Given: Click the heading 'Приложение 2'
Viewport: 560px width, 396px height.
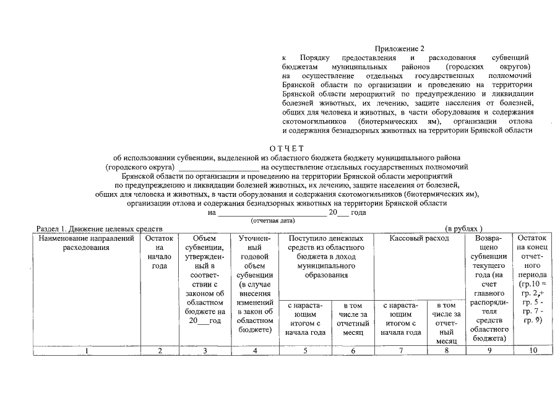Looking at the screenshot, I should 400,48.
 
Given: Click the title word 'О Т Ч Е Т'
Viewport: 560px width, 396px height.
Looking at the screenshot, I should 287,148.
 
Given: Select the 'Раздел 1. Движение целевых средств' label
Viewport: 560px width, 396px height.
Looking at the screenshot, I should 99,229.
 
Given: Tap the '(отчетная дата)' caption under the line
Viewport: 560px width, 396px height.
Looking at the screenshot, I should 272,220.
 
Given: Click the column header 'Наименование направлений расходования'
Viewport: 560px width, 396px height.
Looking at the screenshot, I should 86,243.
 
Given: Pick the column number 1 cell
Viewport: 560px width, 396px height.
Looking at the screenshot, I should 87,351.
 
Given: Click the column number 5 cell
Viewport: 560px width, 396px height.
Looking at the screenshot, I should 305,351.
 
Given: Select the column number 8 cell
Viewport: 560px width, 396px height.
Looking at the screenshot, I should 446,351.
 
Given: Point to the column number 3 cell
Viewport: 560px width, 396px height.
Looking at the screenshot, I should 204,351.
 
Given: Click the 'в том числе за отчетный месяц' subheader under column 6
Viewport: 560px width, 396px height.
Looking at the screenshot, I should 352,319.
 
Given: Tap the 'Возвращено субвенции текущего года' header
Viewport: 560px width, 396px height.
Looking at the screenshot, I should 492,288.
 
